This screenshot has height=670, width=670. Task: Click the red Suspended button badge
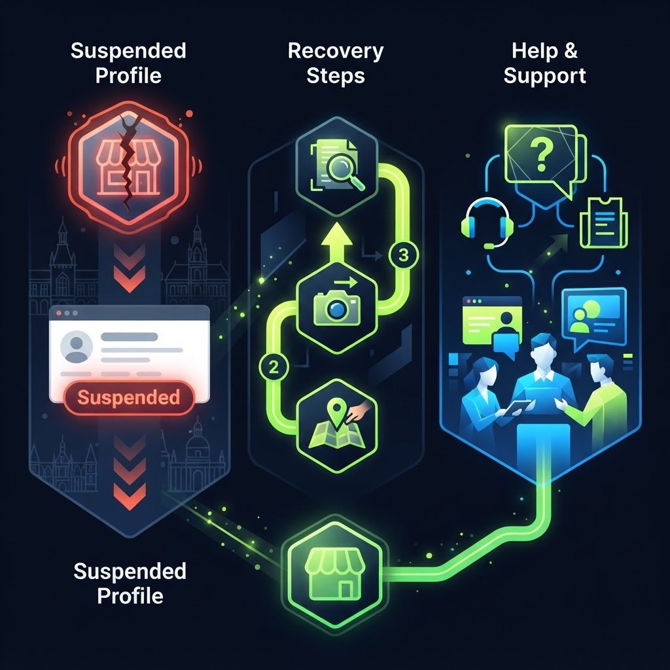click(x=129, y=398)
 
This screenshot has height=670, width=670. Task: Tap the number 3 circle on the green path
click(x=403, y=256)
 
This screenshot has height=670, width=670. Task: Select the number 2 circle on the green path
click(x=273, y=367)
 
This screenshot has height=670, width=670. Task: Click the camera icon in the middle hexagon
click(x=337, y=307)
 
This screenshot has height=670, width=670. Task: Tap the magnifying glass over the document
click(x=345, y=173)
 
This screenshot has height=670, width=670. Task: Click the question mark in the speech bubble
click(x=541, y=156)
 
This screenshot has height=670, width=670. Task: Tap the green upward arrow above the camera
click(x=337, y=242)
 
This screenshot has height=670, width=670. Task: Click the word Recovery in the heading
click(x=336, y=51)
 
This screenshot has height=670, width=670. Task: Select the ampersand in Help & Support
click(x=571, y=50)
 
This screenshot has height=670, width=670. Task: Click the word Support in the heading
click(x=544, y=77)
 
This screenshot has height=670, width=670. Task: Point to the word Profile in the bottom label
click(x=130, y=595)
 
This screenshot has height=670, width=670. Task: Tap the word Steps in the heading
click(x=336, y=76)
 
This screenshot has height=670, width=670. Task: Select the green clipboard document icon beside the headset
click(x=603, y=222)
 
